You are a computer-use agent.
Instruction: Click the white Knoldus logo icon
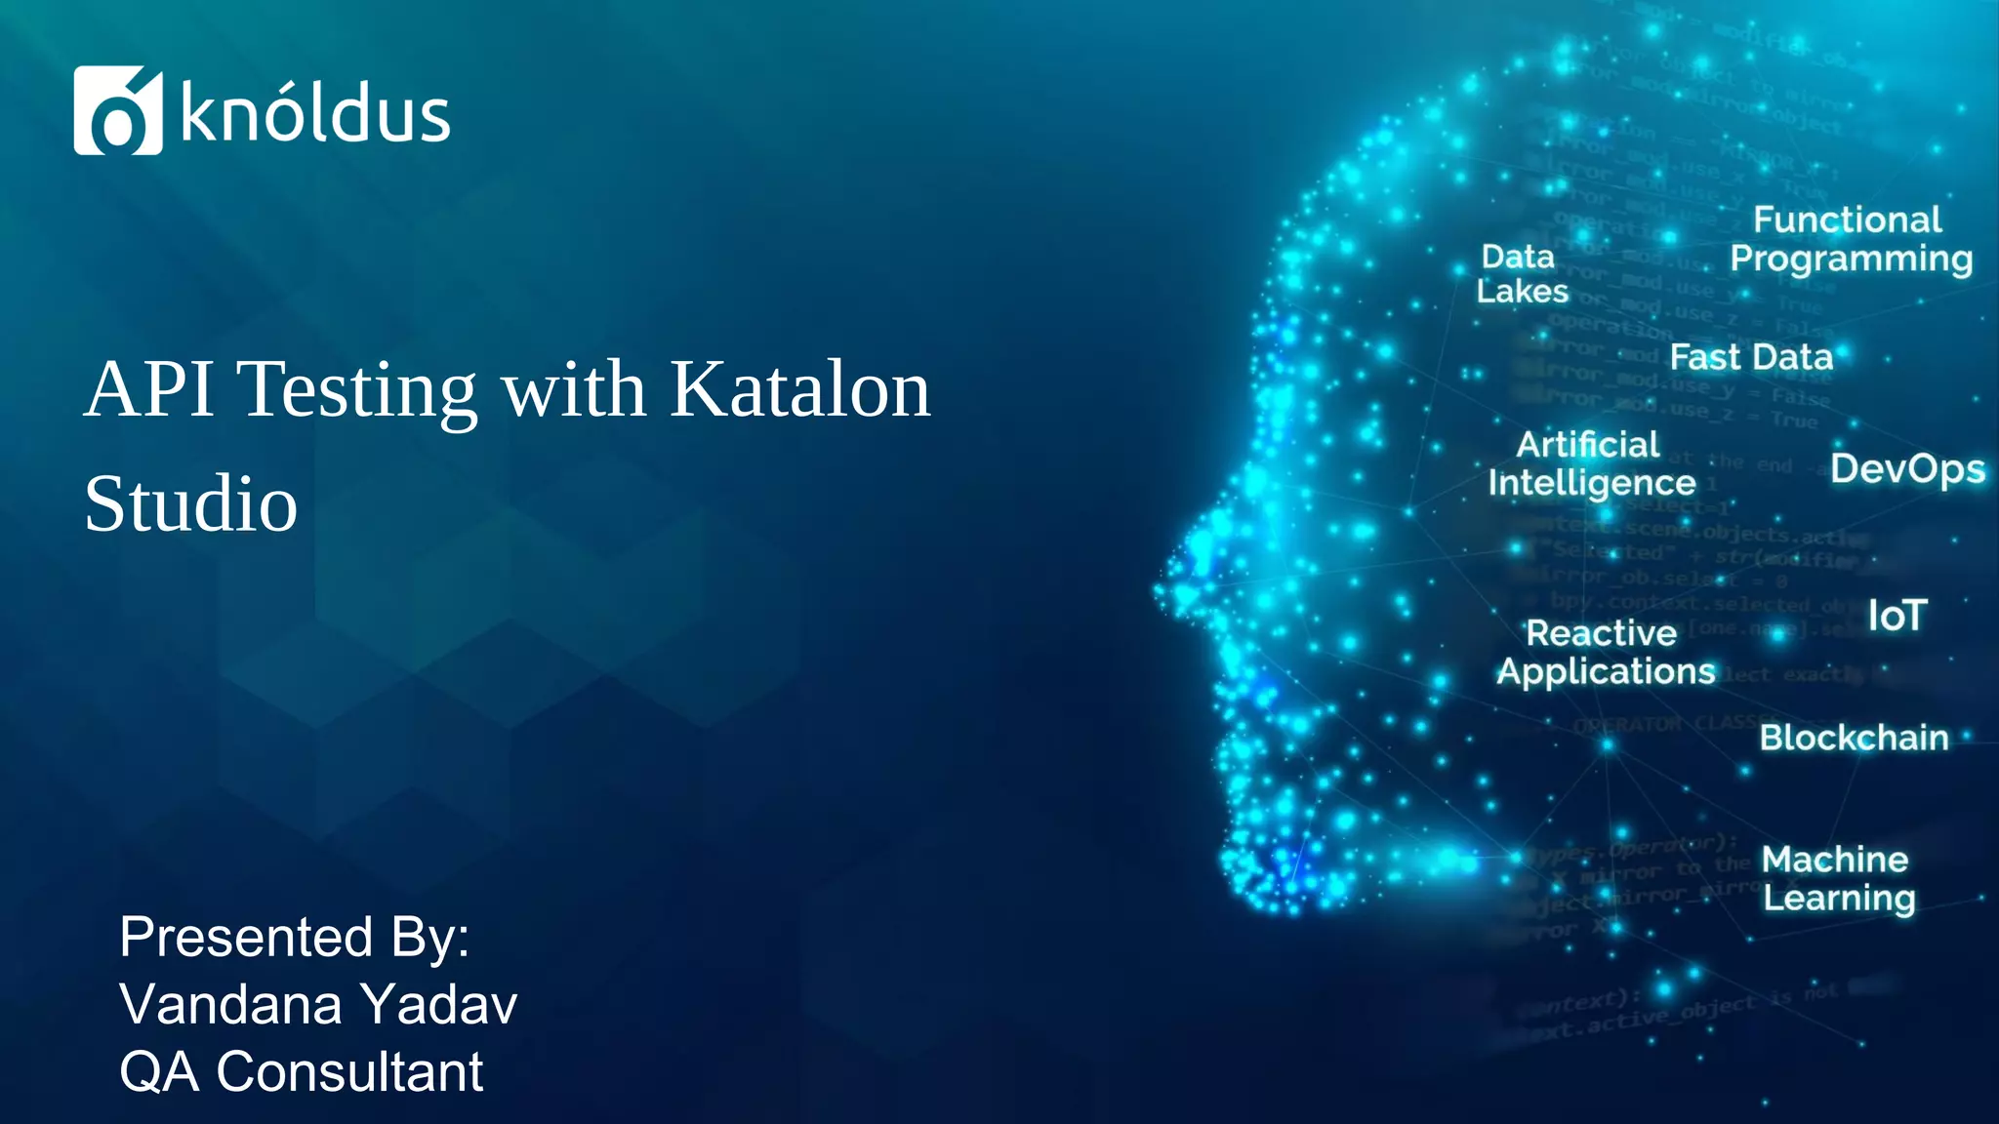pos(117,110)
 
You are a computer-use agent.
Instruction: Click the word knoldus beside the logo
pos(314,114)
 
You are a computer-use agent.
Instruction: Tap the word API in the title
pos(149,389)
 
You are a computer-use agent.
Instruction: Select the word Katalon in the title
pos(799,389)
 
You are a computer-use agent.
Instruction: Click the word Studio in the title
pos(190,504)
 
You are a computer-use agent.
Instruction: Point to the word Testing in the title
pos(356,391)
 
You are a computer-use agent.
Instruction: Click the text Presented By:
pos(294,937)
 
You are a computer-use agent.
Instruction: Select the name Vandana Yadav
pos(318,1004)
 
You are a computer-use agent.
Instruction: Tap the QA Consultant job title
pos(301,1071)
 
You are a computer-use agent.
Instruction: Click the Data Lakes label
pos(1521,274)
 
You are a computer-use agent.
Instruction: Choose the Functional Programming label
pos(1850,239)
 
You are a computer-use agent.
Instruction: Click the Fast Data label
pos(1751,357)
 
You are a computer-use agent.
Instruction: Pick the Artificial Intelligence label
pos(1591,464)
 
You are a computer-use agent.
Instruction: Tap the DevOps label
pos(1906,469)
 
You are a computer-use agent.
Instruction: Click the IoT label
pos(1897,616)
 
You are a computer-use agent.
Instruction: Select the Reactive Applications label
pos(1605,652)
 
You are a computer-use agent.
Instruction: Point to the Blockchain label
pos(1853,738)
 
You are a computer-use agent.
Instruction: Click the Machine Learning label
pos(1837,878)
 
